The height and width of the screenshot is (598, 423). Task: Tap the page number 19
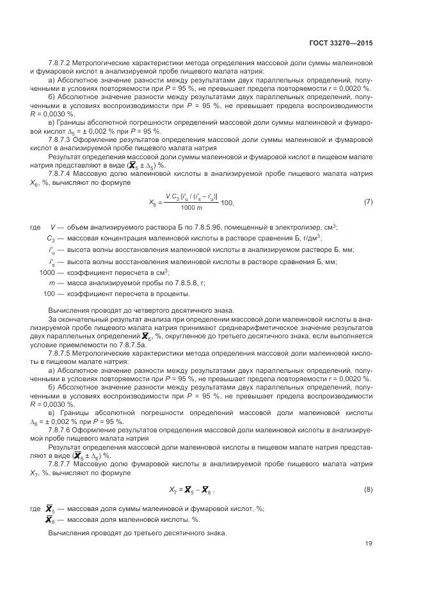[369, 544]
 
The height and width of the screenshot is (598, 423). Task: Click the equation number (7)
[368, 202]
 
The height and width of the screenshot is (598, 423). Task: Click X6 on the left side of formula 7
[153, 203]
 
